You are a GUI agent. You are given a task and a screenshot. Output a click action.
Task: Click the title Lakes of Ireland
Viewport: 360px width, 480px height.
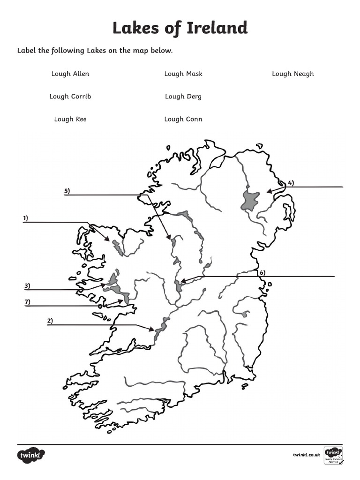(180, 28)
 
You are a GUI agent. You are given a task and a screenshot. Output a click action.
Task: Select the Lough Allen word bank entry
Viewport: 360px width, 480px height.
(70, 74)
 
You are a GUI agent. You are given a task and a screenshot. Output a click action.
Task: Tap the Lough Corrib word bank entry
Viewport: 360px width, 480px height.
(70, 97)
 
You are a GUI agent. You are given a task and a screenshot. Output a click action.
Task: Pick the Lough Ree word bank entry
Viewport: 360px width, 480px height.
(70, 119)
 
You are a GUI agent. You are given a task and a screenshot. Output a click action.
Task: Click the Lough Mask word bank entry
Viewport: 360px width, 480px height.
(183, 74)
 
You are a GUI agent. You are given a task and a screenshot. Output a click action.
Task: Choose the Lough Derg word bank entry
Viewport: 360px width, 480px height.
(183, 97)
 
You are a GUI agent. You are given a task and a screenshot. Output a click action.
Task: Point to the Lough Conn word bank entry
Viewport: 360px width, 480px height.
(183, 119)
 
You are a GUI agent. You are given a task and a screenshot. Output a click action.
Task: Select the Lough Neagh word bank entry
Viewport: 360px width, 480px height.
(293, 74)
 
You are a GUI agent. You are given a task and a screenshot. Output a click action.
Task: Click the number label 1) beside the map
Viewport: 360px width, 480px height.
(25, 218)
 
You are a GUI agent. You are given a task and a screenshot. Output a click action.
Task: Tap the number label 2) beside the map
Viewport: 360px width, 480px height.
(50, 321)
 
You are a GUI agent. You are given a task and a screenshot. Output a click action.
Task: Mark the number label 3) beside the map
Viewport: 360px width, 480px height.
(27, 285)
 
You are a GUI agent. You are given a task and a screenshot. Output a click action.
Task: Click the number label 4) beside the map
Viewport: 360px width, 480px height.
(291, 183)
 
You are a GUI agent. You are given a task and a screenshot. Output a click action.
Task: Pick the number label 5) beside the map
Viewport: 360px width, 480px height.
(67, 191)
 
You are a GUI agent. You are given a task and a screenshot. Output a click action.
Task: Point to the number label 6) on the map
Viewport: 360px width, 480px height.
(262, 272)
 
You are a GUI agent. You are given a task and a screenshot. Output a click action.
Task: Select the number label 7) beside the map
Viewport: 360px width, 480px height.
(27, 302)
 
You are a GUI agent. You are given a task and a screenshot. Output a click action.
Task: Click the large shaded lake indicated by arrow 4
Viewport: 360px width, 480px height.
(250, 201)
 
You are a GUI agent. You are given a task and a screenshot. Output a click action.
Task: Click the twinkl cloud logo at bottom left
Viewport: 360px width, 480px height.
(31, 455)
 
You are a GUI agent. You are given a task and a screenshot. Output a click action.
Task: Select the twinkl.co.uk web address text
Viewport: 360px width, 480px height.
(306, 455)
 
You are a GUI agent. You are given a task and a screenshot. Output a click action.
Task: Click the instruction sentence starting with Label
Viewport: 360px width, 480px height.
(95, 50)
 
